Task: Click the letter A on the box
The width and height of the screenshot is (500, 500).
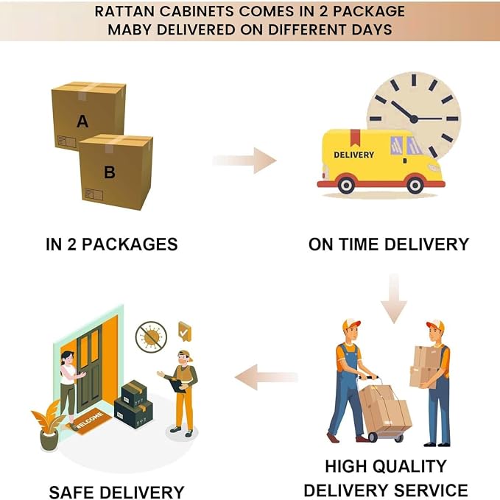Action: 82,122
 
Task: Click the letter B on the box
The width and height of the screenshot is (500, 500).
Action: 110,172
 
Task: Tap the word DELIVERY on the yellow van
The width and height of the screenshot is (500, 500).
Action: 353,155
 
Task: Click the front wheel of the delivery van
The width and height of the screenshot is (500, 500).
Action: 415,185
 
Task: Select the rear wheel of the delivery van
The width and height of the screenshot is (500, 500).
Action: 346,185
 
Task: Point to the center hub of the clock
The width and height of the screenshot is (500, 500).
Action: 414,119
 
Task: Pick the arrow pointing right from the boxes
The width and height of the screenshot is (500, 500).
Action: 244,161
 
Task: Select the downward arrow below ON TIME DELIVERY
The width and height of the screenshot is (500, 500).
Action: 394,298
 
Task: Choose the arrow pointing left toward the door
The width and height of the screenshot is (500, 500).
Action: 267,377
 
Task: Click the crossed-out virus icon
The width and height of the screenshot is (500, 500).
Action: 151,337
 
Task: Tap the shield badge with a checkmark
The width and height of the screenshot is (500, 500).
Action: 185,331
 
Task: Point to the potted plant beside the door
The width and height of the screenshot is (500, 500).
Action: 49,426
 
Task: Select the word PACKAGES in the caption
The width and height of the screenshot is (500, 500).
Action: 130,244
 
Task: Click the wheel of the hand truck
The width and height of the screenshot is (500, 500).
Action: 372,437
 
